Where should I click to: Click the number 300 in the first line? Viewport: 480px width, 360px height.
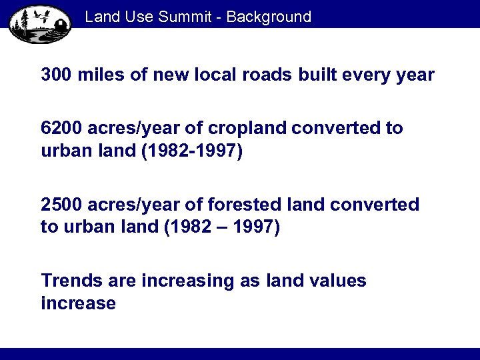(57, 75)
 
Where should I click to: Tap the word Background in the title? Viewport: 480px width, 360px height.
(269, 17)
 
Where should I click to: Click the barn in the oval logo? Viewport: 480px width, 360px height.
(59, 24)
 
